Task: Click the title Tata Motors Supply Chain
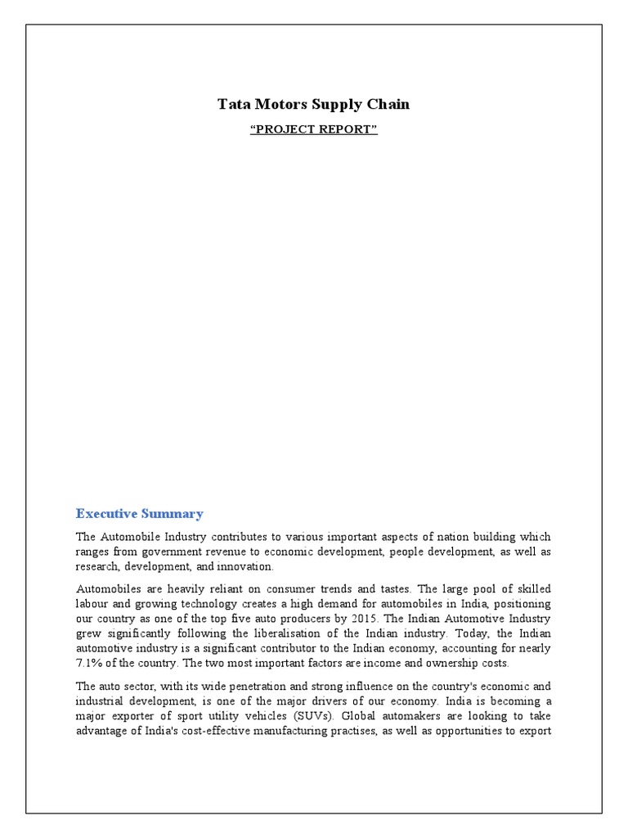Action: click(x=313, y=104)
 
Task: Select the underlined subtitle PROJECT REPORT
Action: click(x=313, y=129)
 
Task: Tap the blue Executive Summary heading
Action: click(x=139, y=514)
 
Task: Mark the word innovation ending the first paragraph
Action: click(x=245, y=566)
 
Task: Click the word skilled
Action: click(x=531, y=588)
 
